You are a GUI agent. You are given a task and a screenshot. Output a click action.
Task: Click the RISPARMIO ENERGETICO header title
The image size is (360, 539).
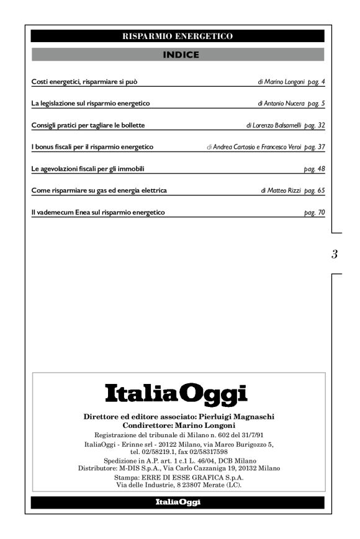178,37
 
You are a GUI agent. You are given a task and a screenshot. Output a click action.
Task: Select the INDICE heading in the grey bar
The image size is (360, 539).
178,55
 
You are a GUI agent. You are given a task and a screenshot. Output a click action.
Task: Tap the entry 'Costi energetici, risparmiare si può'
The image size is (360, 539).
88,81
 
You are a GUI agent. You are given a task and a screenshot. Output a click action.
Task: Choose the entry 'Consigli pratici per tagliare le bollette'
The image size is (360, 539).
88,125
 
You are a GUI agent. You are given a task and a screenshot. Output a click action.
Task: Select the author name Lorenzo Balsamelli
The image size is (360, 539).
276,125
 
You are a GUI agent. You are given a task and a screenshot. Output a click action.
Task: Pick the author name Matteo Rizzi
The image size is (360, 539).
282,190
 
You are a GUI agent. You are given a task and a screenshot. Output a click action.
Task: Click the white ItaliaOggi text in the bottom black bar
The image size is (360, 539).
178,502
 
